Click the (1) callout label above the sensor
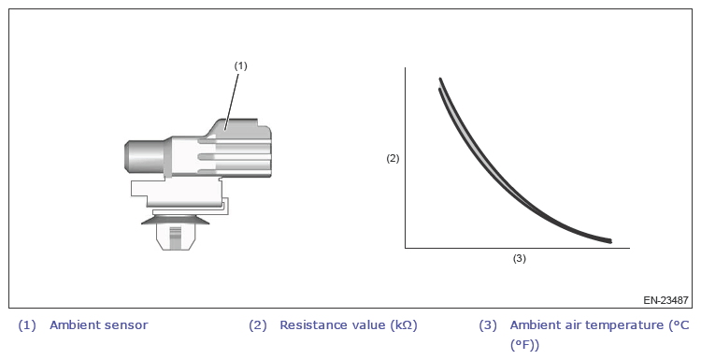point(240,65)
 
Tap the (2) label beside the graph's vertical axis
point(393,158)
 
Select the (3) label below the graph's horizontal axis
point(519,258)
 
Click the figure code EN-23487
point(665,300)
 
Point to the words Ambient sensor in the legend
point(99,325)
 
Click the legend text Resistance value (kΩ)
point(349,325)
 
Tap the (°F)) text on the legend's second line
point(524,345)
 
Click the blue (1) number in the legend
point(26,325)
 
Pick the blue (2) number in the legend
point(258,325)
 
